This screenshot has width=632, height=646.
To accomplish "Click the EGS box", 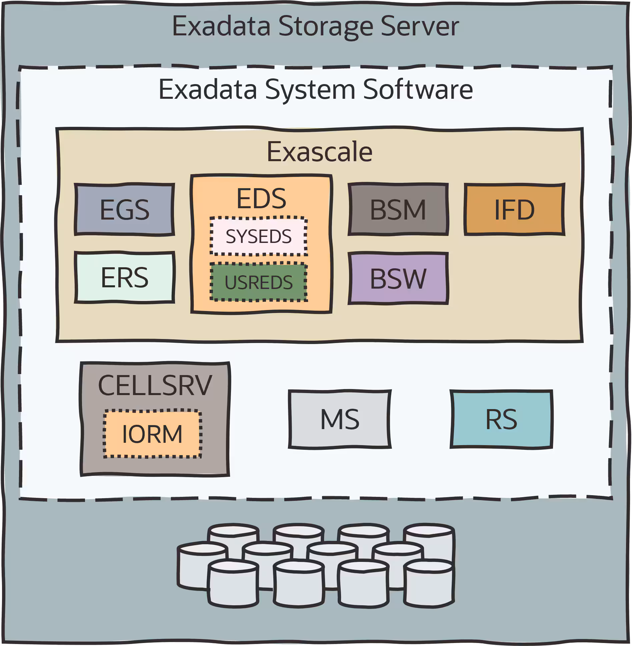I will pyautogui.click(x=124, y=210).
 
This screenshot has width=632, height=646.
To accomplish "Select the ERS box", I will pyautogui.click(x=124, y=277).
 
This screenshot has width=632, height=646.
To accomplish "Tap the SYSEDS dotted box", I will pyautogui.click(x=258, y=236).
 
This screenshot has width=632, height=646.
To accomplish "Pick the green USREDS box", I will pyautogui.click(x=258, y=282).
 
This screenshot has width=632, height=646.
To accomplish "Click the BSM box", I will pyautogui.click(x=398, y=210).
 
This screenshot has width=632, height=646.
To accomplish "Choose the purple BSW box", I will pyautogui.click(x=398, y=278).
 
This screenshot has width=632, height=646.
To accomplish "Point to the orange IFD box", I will pyautogui.click(x=514, y=210).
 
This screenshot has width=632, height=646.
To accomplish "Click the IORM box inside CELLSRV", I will pyautogui.click(x=152, y=434).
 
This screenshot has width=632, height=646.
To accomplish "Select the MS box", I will pyautogui.click(x=339, y=419).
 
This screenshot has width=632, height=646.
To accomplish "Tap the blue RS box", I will pyautogui.click(x=501, y=419).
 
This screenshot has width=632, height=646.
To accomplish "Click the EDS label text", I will pyautogui.click(x=261, y=199).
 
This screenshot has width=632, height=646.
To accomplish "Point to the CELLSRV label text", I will pyautogui.click(x=155, y=385).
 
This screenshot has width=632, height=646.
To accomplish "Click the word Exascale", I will pyautogui.click(x=319, y=152).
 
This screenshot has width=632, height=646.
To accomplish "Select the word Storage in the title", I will pyautogui.click(x=325, y=27).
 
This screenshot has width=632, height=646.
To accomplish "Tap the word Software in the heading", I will pyautogui.click(x=418, y=89).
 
